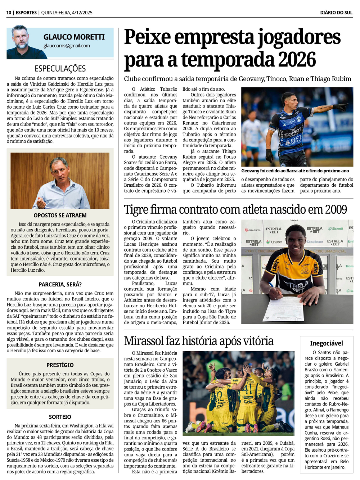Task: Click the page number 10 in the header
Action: (x=9, y=13)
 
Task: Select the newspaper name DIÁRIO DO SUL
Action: (x=336, y=13)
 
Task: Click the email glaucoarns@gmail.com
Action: (x=67, y=46)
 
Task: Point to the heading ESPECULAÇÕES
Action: (x=60, y=68)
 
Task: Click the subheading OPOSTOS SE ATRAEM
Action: (x=60, y=215)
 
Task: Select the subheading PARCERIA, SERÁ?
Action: (x=60, y=284)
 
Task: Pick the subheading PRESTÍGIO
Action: (x=60, y=365)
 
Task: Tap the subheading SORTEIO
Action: (x=60, y=417)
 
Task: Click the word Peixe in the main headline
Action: (x=147, y=37)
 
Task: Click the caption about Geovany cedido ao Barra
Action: (x=295, y=171)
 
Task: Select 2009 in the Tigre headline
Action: (x=336, y=209)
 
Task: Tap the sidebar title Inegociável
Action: (x=327, y=343)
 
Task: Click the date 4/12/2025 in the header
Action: (x=82, y=13)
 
